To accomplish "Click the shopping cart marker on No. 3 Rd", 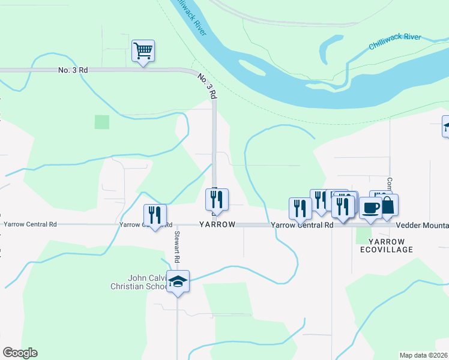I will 143,51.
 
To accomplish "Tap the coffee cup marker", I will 370,208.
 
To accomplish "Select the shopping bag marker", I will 388,206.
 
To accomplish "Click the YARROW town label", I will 217,225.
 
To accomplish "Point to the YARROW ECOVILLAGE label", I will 386,245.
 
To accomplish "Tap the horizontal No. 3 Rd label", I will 73,70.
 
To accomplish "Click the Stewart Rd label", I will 177,248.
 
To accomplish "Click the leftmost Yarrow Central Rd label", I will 30,224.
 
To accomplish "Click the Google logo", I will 20,353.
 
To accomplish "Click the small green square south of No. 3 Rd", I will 102,122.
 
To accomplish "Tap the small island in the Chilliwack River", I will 252,67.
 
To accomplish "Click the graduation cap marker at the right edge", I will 445,126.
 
